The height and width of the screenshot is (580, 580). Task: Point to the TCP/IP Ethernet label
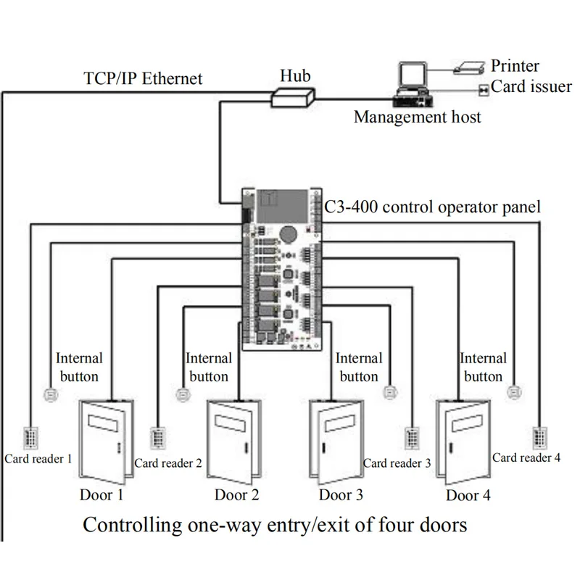(143, 78)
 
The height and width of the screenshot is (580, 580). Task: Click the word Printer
(516, 67)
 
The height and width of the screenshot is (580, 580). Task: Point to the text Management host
(417, 117)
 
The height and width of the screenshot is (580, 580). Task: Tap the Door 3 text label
(341, 495)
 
